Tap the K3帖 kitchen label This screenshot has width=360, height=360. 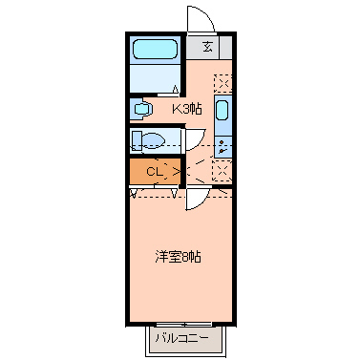click(186, 108)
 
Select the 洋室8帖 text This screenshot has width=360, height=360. click(179, 256)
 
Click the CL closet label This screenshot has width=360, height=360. click(154, 172)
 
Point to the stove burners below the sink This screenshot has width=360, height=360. click(222, 146)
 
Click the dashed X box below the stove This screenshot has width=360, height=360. click(222, 172)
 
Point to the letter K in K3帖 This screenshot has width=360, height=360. click(176, 108)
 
